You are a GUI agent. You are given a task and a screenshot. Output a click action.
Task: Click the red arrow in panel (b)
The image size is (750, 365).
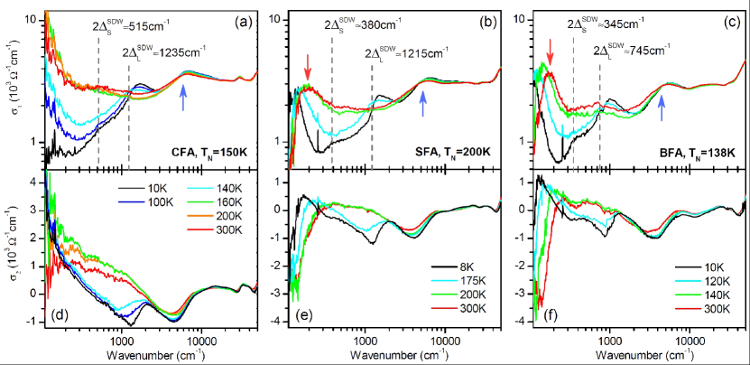click(x=308, y=66)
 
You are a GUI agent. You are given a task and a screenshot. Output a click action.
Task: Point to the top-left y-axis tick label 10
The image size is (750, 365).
click(x=30, y=19)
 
